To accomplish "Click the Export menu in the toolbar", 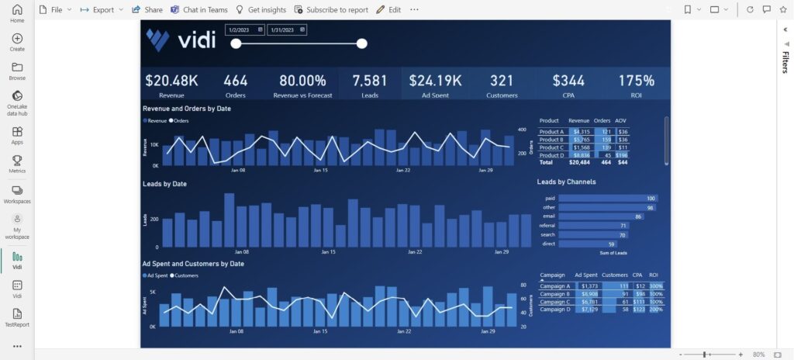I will (102, 10).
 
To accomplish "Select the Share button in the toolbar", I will (147, 10).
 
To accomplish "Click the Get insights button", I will (261, 10).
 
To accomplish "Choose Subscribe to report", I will (331, 10).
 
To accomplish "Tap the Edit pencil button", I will (388, 10).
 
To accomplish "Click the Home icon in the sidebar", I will (17, 12).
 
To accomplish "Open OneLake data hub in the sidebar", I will (17, 102).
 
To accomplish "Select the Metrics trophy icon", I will (17, 161).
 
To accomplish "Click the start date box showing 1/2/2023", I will (244, 29).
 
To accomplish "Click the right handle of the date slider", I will (361, 43).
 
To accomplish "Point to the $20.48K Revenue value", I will (171, 80).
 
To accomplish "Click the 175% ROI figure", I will (636, 80).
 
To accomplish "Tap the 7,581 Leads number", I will (369, 80).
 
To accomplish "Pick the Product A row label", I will (551, 132).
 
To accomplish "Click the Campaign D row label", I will (556, 309).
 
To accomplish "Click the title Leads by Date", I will (164, 184).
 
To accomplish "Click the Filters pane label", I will (785, 62).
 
